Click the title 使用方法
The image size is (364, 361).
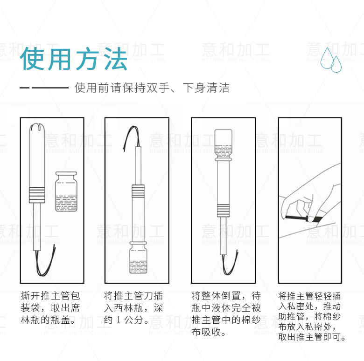[74, 59]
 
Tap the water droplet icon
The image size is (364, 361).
[331, 60]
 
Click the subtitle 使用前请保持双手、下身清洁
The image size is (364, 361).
[152, 88]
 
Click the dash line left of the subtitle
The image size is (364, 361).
[44, 88]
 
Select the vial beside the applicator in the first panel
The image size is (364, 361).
[66, 191]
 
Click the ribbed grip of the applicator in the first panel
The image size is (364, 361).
[37, 195]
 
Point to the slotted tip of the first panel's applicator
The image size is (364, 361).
[37, 128]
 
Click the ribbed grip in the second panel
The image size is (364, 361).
[138, 191]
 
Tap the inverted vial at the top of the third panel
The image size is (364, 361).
[224, 145]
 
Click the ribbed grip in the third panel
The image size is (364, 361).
[224, 210]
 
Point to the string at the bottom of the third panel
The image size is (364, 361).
[229, 263]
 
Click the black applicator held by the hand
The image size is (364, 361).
[304, 218]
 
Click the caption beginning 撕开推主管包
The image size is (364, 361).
[50, 308]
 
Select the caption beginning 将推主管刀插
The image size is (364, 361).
[133, 308]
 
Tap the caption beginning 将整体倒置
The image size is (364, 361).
[226, 314]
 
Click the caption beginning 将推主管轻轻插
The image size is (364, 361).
[312, 316]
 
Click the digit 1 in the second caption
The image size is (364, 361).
[119, 320]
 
